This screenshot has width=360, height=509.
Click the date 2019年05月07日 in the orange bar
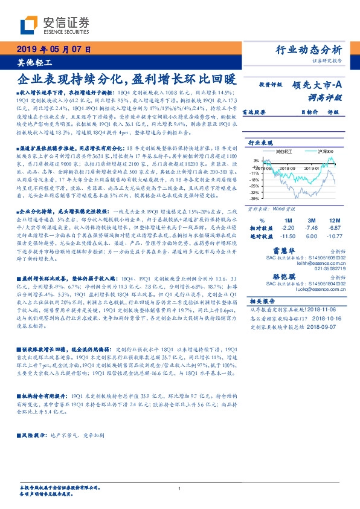[x=53, y=50]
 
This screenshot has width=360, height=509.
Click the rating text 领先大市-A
[x=318, y=85]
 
